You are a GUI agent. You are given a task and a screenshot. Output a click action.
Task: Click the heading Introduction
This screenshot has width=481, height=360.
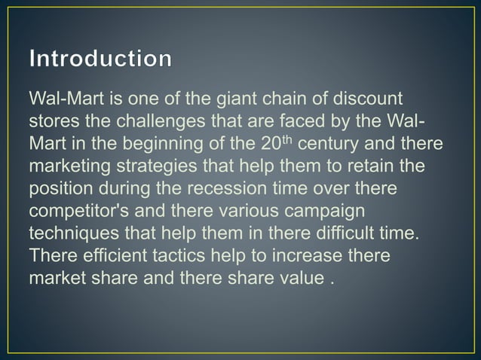click(100, 59)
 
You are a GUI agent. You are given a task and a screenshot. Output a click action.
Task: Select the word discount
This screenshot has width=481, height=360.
click(353, 99)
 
